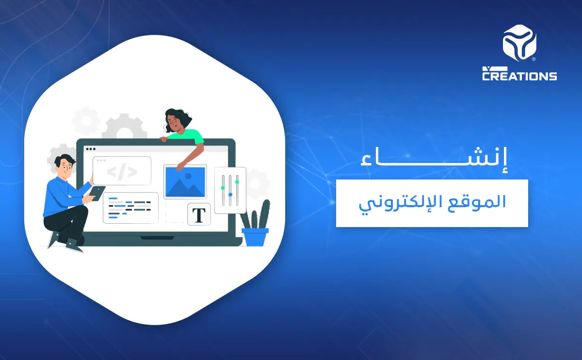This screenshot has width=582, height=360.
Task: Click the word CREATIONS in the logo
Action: coord(519,76)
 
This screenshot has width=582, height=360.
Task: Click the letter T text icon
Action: coord(199,214)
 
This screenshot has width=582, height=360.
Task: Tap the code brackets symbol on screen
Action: coord(122,171)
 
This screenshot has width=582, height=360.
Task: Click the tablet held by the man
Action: coord(97,194)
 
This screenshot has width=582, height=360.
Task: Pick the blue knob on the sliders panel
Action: coord(230,195)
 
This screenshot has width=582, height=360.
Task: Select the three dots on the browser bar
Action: coord(90,149)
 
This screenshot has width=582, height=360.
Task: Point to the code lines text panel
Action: coord(130,208)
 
